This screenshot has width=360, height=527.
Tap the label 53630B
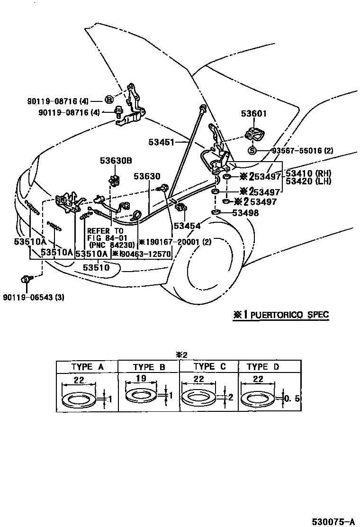point(115,161)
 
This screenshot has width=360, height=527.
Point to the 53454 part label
point(187,226)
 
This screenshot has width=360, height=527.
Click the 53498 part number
point(246,213)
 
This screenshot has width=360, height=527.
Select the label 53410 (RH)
point(308,173)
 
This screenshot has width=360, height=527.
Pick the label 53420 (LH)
point(308,182)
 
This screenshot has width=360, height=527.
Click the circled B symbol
point(108,100)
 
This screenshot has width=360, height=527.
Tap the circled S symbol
point(252,151)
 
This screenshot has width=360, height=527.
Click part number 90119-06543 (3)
point(33,298)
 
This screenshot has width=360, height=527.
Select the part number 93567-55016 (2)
point(302,151)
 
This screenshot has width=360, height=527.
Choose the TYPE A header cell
point(87,367)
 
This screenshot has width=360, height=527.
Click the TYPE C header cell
point(210,366)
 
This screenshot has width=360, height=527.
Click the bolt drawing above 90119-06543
point(26,280)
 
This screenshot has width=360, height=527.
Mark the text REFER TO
point(105,230)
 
